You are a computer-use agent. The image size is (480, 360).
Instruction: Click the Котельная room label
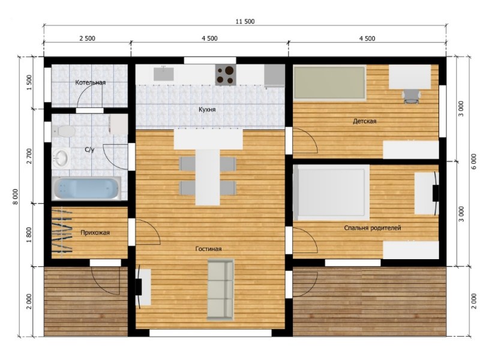pyautogui.click(x=91, y=82)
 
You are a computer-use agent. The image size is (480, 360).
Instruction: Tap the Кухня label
pyautogui.click(x=207, y=109)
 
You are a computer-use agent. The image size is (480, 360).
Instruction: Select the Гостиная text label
pyautogui.click(x=208, y=249)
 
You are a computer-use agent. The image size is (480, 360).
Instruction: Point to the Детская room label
pyautogui.click(x=364, y=121)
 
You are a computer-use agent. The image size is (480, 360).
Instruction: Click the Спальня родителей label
pyautogui.click(x=372, y=228)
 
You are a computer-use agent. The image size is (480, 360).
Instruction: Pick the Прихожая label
pyautogui.click(x=95, y=233)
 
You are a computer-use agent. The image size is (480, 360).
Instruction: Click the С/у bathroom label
pyautogui.click(x=89, y=149)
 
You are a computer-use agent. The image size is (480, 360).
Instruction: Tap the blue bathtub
pyautogui.click(x=86, y=188)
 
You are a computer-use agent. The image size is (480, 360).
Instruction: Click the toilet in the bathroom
pyautogui.click(x=64, y=131)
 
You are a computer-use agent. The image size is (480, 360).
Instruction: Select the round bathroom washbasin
pyautogui.click(x=61, y=158)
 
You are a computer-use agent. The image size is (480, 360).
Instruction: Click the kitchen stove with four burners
pyautogui.click(x=226, y=74)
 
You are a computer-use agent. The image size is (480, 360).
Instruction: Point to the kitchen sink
pyautogui.click(x=164, y=74)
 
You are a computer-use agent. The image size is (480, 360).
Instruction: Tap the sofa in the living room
pyautogui.click(x=220, y=289)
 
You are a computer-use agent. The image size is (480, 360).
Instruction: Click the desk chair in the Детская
pyautogui.click(x=411, y=96)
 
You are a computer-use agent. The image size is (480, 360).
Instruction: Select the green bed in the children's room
pyautogui.click(x=329, y=83)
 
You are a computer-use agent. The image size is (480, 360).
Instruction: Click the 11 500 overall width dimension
pyautogui.click(x=245, y=22)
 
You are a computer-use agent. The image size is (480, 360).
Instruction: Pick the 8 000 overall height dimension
pyautogui.click(x=16, y=197)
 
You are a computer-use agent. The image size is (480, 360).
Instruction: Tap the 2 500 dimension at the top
pyautogui.click(x=87, y=38)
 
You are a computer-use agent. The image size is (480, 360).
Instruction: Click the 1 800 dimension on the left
pyautogui.click(x=29, y=235)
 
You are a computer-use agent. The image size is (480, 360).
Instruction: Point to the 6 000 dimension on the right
pyautogui.click(x=473, y=161)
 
